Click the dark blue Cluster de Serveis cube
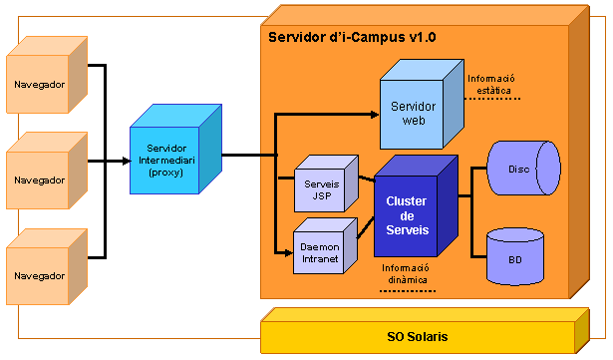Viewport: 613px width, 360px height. point(406,215)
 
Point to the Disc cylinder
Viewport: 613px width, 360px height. point(518,170)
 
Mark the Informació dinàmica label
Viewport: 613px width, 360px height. point(406,274)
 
